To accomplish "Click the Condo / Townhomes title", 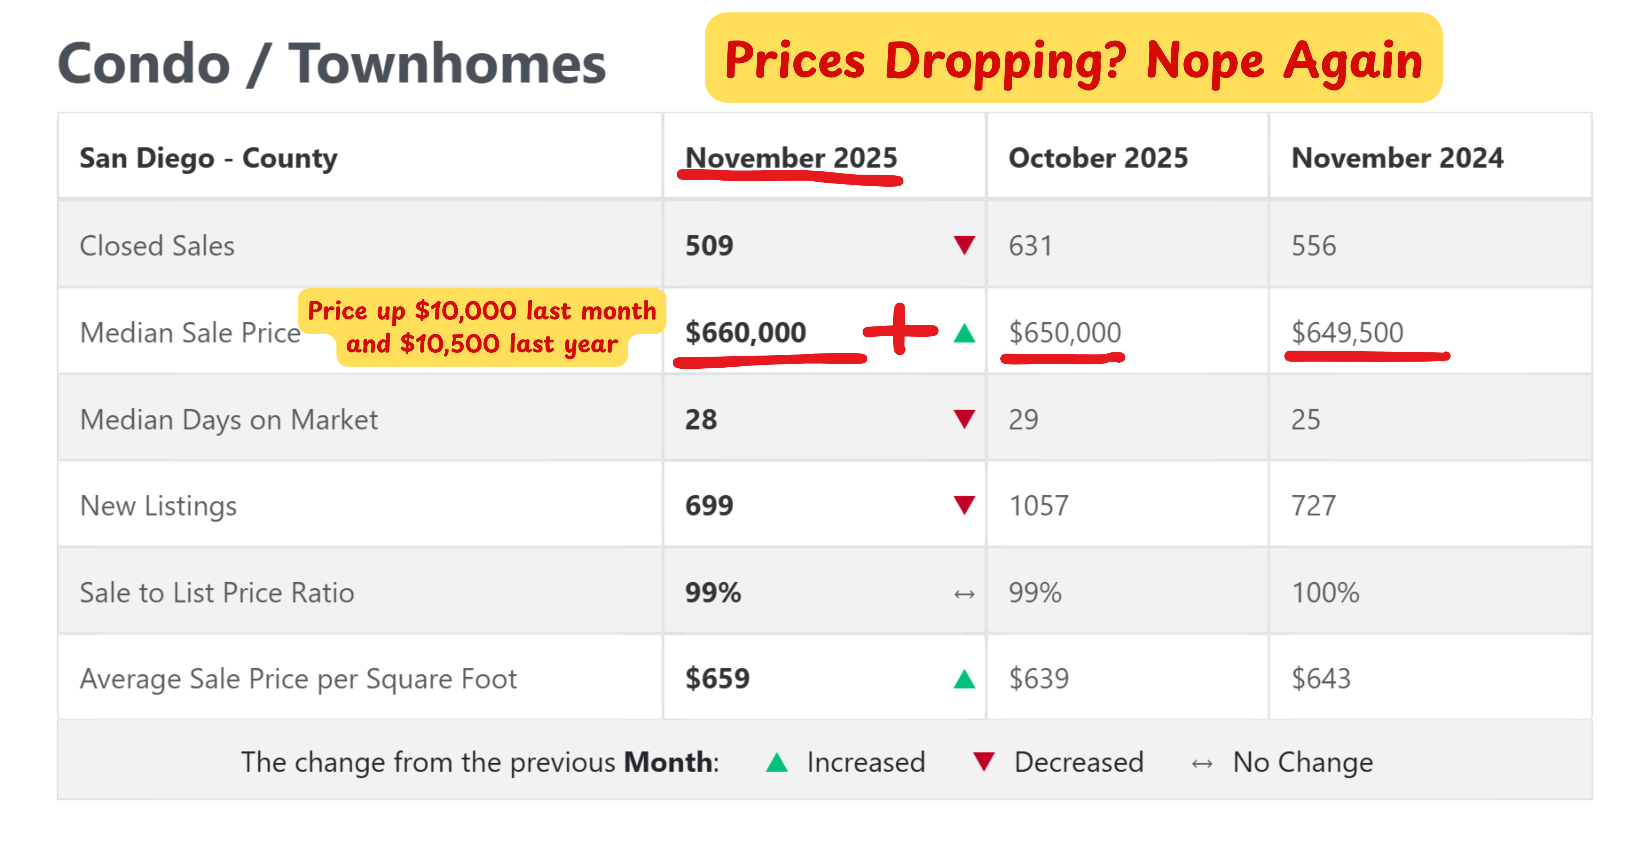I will point(331,64).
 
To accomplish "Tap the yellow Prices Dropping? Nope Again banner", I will point(1073,59).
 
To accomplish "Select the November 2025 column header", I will point(791,158).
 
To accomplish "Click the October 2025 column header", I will point(1098,158).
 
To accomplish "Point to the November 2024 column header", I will point(1397,158).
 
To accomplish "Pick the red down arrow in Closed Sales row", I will point(964,245).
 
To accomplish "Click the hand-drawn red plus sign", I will point(900,330).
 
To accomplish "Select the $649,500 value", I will point(1347,333).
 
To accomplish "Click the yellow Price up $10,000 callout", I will point(482,327).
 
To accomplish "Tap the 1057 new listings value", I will point(1038,506).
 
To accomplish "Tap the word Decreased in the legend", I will point(1079,762).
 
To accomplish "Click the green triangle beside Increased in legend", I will point(777,762).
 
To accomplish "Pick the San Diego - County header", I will point(208,158).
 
